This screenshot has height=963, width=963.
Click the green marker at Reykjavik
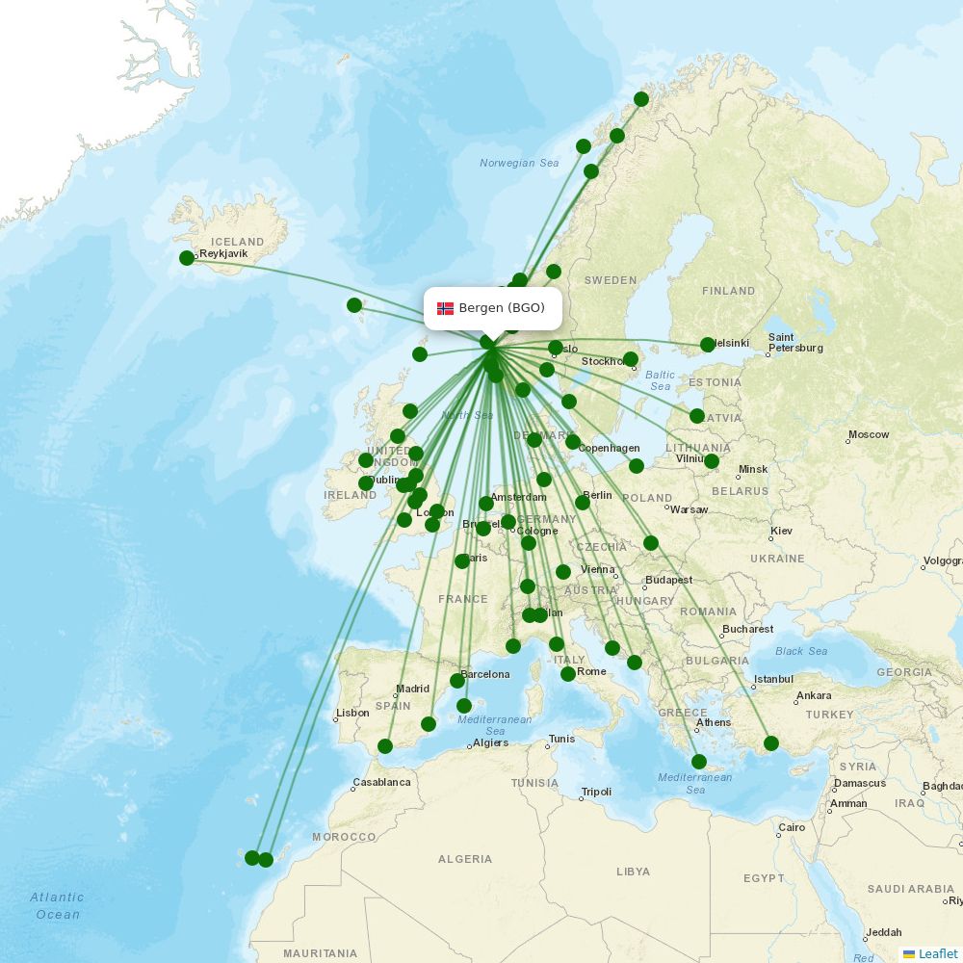[x=187, y=258]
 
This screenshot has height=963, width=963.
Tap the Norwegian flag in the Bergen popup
[x=445, y=308]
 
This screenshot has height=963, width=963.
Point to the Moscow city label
[x=869, y=435]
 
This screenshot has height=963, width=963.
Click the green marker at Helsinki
[x=708, y=345]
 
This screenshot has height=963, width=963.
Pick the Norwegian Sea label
[x=519, y=164]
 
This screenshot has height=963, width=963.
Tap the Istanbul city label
[x=773, y=680]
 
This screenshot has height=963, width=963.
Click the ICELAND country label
[x=237, y=242]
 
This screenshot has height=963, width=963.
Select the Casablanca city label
[x=381, y=782]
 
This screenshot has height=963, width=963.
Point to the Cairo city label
[x=792, y=828]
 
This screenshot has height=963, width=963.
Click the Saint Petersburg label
[x=795, y=343]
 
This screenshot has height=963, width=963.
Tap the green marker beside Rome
[x=568, y=674]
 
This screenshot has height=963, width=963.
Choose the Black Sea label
[x=801, y=652]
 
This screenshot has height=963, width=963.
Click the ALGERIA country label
[x=465, y=859]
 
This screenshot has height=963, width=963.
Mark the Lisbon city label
[x=352, y=714]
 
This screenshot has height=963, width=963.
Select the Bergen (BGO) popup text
[x=502, y=308]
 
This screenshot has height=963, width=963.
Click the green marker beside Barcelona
[x=457, y=681]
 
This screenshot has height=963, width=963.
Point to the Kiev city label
[x=781, y=532]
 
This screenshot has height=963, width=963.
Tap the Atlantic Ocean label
[x=57, y=905]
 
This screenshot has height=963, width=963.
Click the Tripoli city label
[x=596, y=793]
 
